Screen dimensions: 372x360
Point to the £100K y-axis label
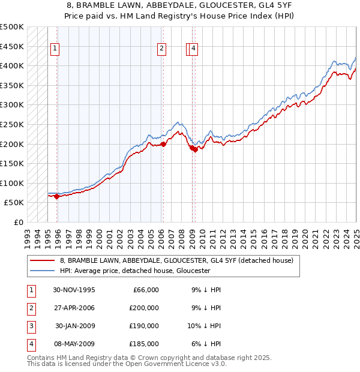point(12,183)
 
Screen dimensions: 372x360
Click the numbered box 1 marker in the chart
point(55,50)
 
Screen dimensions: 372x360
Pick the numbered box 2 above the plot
point(162,50)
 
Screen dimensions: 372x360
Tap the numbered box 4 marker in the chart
point(195,50)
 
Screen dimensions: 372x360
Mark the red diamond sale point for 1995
point(57,196)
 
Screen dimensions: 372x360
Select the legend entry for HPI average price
point(135,271)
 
